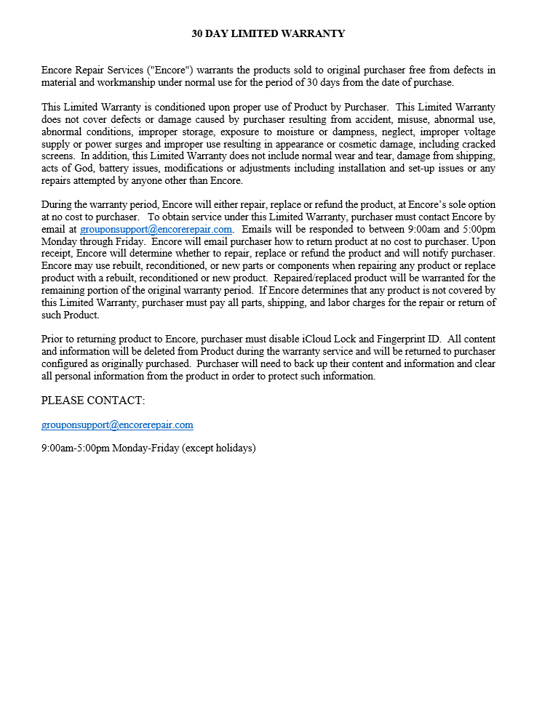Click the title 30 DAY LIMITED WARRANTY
tap(268, 33)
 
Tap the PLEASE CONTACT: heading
tap(93, 401)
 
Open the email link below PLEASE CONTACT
tap(117, 425)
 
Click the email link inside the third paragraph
tap(156, 228)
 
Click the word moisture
tap(280, 132)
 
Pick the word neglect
tap(381, 132)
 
